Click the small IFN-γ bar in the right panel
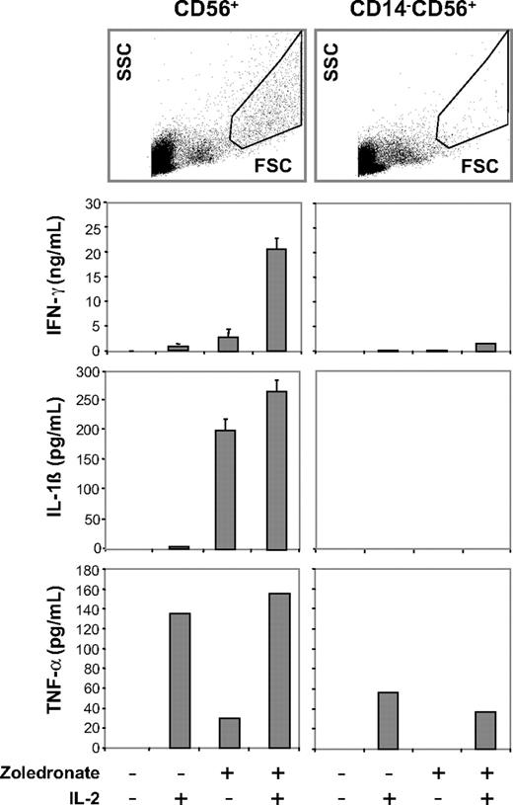pyautogui.click(x=484, y=347)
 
